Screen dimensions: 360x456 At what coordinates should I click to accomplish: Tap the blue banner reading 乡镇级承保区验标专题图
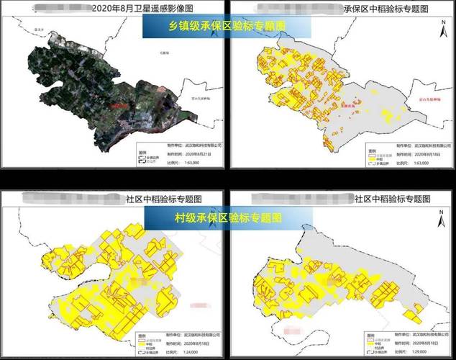click(x=227, y=25)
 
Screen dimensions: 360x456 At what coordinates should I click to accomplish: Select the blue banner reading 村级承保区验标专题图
click(x=228, y=217)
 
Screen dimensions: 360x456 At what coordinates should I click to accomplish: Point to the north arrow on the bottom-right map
click(x=439, y=215)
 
